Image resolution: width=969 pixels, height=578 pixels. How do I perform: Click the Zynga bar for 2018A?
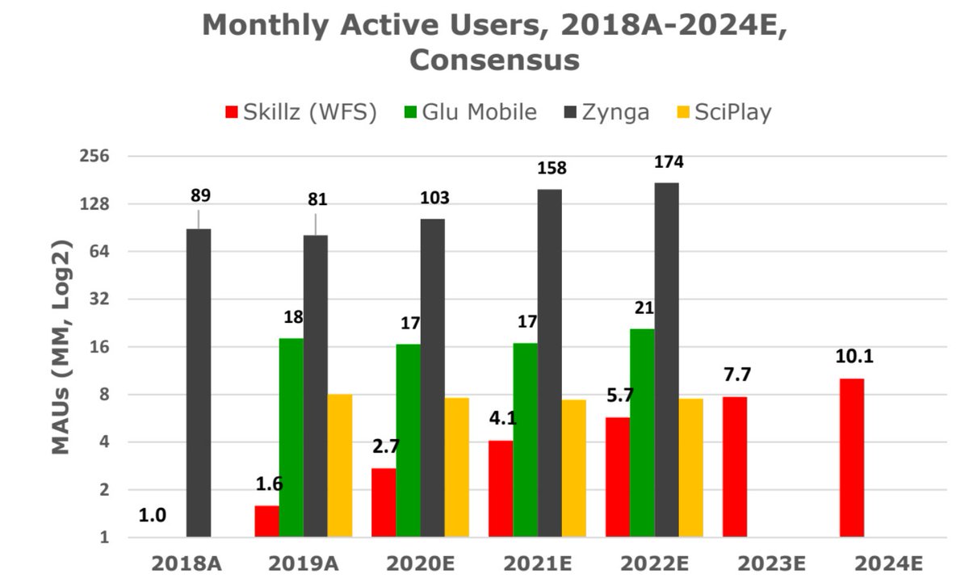[199, 383]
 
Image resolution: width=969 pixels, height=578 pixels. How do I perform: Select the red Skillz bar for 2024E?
[851, 458]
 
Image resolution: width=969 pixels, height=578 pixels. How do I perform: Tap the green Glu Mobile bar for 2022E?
[642, 433]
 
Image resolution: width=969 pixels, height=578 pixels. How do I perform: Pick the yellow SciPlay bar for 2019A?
[339, 465]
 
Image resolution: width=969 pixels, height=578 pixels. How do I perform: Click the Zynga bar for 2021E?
[549, 362]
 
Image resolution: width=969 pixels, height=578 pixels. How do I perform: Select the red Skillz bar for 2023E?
[734, 467]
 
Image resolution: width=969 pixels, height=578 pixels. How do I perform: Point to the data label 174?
[669, 162]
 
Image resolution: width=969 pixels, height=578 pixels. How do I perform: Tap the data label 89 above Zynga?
[200, 195]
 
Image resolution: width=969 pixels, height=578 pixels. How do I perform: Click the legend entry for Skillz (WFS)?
[301, 111]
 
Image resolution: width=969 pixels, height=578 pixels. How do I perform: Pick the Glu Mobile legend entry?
[470, 111]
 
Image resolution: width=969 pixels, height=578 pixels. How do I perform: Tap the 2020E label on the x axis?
[420, 563]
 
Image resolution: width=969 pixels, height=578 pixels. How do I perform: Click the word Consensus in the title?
[494, 61]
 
